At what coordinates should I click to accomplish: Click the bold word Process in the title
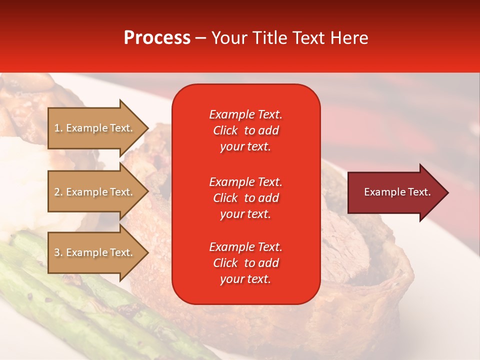tap(157, 38)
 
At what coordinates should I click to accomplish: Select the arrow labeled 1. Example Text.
tap(95, 128)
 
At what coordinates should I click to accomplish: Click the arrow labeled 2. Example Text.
tap(95, 192)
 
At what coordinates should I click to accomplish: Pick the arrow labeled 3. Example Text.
tap(95, 252)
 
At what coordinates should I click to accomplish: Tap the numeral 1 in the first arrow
tap(57, 128)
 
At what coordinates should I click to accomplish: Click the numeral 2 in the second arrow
tap(57, 192)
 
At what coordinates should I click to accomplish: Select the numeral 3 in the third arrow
tap(57, 252)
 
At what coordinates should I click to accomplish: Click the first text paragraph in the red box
tap(245, 130)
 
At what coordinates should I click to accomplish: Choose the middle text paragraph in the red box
tap(245, 198)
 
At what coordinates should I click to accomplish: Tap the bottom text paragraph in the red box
tap(245, 263)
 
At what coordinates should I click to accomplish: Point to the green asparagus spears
tap(60, 290)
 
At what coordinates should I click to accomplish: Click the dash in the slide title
tap(200, 38)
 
